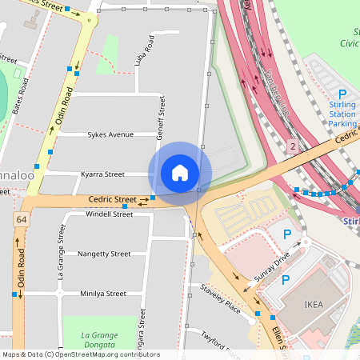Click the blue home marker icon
click(180, 173)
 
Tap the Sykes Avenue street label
click(110, 134)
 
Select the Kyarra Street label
click(102, 174)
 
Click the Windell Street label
click(109, 214)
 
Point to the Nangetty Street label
click(104, 254)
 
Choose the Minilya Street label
click(103, 294)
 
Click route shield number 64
click(20, 219)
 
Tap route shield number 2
click(293, 146)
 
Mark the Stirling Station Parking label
click(342, 114)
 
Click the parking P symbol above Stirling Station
click(342, 94)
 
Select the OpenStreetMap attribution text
click(81, 354)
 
